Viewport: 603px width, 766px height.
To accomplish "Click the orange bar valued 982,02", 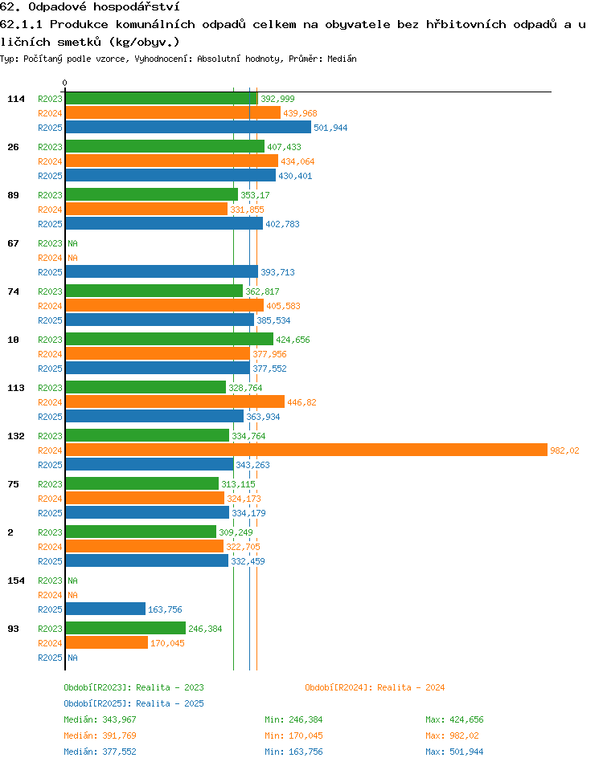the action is [306, 450].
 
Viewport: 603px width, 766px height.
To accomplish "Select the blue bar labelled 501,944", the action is [188, 127].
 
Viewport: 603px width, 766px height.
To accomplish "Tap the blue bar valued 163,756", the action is [105, 609].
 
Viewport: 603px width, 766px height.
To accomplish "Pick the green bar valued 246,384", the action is [125, 628].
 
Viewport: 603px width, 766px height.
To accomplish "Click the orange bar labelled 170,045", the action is [107, 642].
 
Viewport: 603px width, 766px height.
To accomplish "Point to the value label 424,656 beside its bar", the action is [293, 340].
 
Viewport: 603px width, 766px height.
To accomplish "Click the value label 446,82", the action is [301, 402].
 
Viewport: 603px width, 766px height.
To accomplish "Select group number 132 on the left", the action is [15, 436].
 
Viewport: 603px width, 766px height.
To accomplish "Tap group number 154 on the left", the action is [15, 581].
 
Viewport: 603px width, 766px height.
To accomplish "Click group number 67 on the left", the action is [13, 243].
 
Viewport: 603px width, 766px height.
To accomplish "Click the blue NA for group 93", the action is [72, 658].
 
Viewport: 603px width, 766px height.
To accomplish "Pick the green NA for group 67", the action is [72, 243].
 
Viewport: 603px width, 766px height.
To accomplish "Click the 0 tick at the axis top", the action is [64, 83].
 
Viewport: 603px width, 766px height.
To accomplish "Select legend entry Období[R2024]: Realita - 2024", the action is [375, 687].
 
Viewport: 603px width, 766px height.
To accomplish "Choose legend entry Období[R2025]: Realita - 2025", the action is [133, 703].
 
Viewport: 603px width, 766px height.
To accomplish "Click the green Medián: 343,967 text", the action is [100, 719].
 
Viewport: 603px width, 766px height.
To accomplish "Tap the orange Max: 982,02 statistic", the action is [452, 735].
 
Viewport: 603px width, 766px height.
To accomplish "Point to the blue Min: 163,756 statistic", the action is [293, 752].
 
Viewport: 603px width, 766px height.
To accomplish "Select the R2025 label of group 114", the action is [50, 128].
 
